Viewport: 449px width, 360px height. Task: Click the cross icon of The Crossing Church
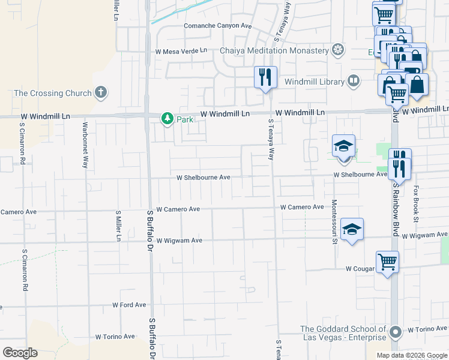(101, 93)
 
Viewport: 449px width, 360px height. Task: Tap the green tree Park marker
(167, 119)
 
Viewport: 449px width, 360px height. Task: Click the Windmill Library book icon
(354, 81)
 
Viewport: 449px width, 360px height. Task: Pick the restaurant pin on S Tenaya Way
(265, 78)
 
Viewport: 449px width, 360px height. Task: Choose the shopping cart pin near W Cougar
(387, 262)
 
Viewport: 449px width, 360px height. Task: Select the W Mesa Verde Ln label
(181, 52)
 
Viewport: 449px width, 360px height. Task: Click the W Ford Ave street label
(129, 305)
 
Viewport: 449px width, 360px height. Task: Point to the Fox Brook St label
(415, 203)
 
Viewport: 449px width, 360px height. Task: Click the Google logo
(20, 353)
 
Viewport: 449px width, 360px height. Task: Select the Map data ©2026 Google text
(411, 355)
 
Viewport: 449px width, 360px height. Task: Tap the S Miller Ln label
(118, 226)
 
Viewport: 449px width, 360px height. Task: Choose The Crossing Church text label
(53, 93)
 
